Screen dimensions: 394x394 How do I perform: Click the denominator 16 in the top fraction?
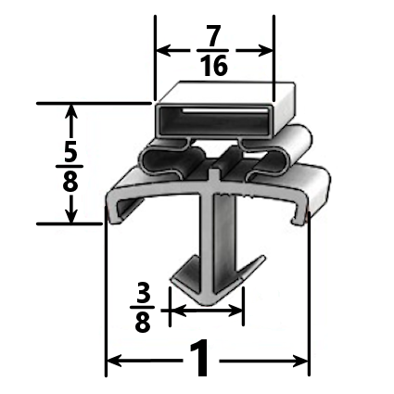point(213,66)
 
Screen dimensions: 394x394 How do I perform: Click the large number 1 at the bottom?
point(197,360)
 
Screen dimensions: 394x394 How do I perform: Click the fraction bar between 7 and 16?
point(213,53)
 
